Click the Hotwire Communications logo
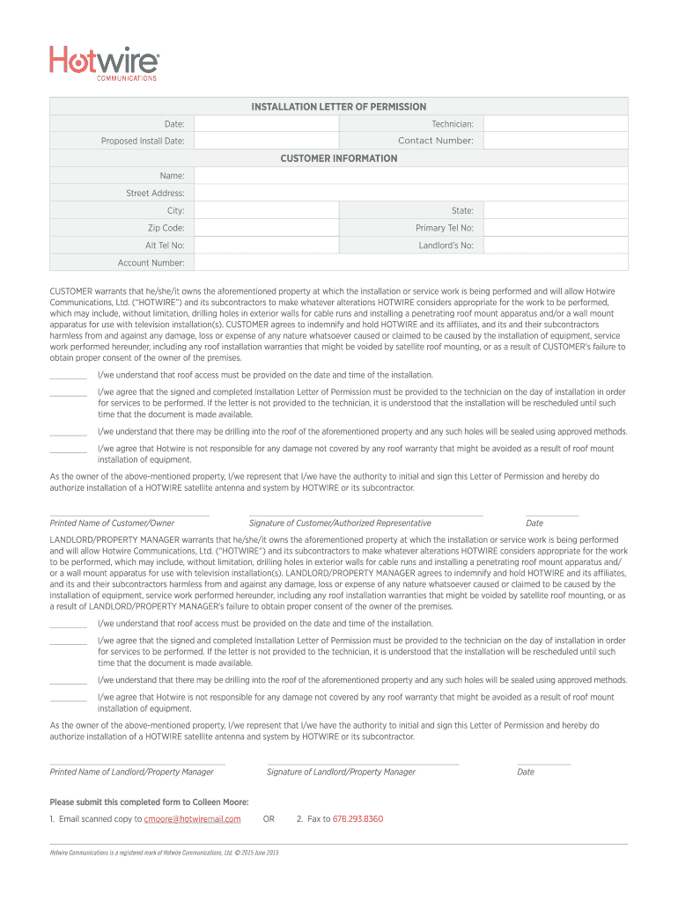click(105, 63)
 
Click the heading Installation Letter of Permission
click(339, 106)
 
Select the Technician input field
click(556, 124)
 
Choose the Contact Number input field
click(556, 141)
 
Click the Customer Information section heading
click(339, 158)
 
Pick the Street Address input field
click(410, 193)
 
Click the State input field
click(556, 210)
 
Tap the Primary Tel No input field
click(556, 228)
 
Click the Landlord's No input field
click(556, 245)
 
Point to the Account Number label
click(151, 263)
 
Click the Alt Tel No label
click(165, 245)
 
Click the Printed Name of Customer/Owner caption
click(112, 523)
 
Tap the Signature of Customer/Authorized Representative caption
click(340, 523)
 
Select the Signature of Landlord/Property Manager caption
click(341, 772)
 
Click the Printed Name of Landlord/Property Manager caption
click(132, 772)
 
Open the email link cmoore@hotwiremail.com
click(192, 819)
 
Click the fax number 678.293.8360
click(357, 819)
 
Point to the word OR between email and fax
click(269, 819)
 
